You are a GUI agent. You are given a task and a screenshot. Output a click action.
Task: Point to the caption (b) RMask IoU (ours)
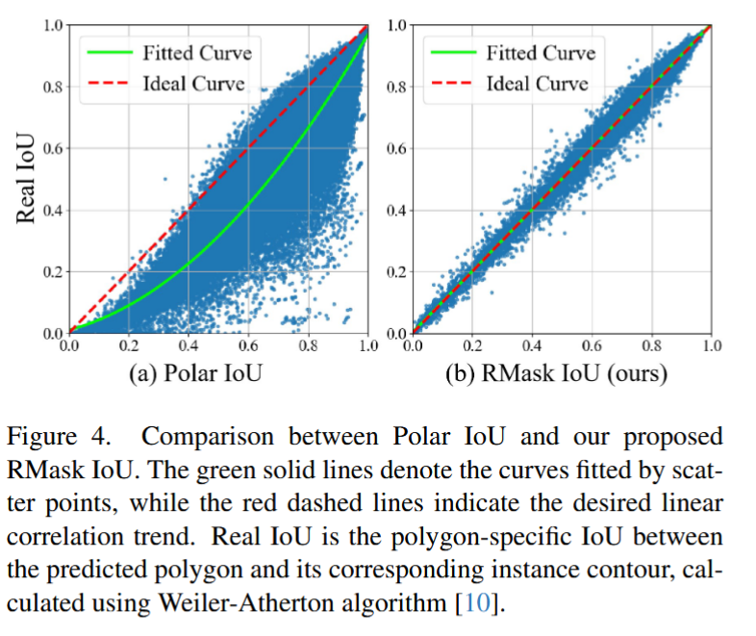pos(556,373)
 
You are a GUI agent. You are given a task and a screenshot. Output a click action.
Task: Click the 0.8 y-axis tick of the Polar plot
pos(53,86)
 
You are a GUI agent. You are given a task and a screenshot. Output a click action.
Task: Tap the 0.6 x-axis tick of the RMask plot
pos(591,344)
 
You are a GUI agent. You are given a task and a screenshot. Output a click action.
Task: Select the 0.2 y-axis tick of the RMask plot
pos(397,272)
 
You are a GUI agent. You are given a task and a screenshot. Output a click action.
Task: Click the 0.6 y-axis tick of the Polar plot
pos(53,148)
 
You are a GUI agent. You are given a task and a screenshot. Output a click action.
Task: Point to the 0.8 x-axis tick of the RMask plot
pos(651,344)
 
